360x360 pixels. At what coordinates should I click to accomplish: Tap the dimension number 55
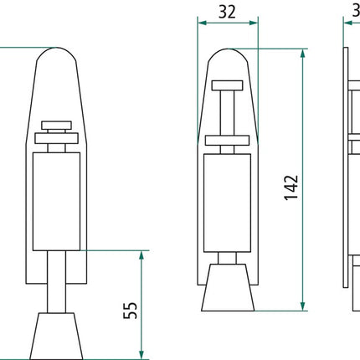[x=130, y=311]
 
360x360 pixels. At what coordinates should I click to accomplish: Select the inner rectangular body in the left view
[x=57, y=203]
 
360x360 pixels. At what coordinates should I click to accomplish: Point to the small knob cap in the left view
[x=57, y=126]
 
